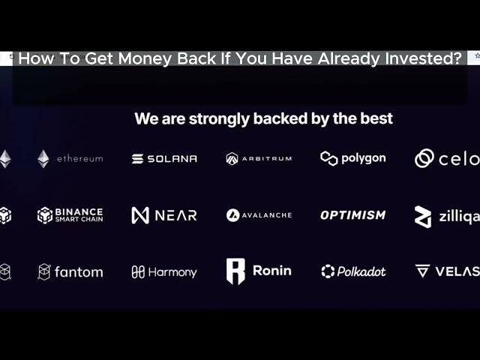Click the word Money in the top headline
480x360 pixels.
[145, 58]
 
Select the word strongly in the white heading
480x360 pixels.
[219, 119]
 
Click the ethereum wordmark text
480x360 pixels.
[80, 158]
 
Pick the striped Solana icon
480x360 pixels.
[137, 158]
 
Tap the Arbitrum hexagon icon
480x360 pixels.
[232, 158]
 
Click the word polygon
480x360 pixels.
[363, 158]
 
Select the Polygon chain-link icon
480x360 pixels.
[329, 158]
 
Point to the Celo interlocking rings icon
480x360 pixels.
[424, 158]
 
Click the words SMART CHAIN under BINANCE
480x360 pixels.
[79, 219]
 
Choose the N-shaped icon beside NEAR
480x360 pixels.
[140, 215]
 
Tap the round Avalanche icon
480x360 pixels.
[232, 215]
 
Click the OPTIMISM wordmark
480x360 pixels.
[353, 215]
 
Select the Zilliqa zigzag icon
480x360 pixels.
[423, 217]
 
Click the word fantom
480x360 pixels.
[79, 272]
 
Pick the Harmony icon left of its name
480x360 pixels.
[138, 271]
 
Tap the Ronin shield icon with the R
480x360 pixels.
[235, 271]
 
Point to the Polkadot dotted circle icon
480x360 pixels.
[328, 271]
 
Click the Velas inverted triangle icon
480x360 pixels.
[423, 271]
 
